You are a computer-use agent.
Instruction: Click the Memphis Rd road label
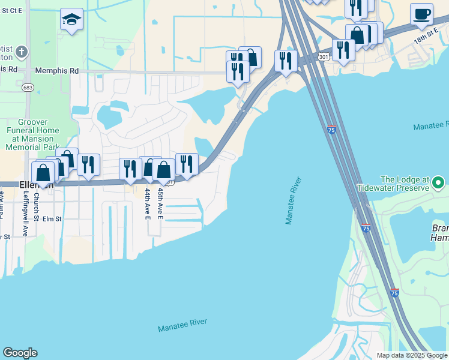pos(57,71)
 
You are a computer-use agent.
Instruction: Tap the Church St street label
pos(36,206)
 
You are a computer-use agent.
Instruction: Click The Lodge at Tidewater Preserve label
pos(405,184)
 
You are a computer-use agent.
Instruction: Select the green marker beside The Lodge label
pos(439,181)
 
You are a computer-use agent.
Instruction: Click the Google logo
pos(20,353)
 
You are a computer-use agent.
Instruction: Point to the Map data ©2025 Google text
pos(412,355)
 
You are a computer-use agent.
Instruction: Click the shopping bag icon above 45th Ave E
pos(163,169)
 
